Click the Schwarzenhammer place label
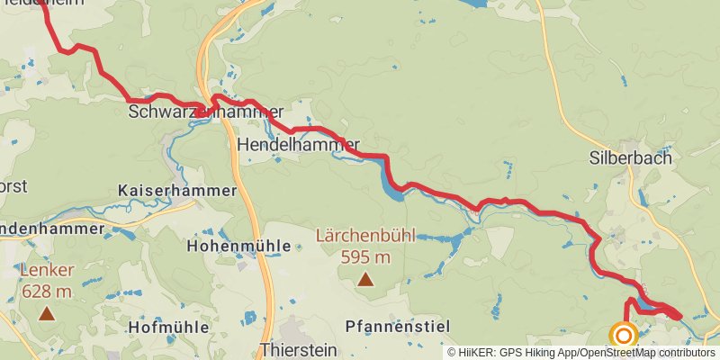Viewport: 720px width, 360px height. [199, 112]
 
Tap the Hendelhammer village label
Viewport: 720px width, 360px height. [298, 144]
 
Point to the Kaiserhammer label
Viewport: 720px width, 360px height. [177, 191]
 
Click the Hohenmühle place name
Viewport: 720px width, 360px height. [238, 245]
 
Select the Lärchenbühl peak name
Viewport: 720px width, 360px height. [364, 237]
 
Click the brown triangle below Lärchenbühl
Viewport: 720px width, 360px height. [364, 279]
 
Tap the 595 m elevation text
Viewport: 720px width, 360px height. [364, 257]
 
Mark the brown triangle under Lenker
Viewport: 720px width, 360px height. [46, 313]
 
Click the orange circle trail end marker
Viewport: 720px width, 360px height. [623, 336]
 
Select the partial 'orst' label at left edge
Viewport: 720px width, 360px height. [13, 186]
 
